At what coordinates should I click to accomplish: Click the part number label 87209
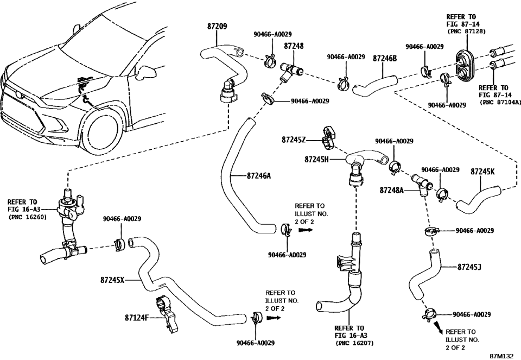(x=218, y=26)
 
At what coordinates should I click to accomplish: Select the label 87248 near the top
(x=294, y=47)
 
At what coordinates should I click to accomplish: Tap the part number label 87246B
(x=385, y=57)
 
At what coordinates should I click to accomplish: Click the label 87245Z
(x=294, y=140)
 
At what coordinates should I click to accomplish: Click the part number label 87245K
(x=482, y=171)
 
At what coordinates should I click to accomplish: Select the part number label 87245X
(x=113, y=280)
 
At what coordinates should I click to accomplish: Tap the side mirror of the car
(x=148, y=71)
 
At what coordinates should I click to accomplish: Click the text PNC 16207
(x=355, y=343)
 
